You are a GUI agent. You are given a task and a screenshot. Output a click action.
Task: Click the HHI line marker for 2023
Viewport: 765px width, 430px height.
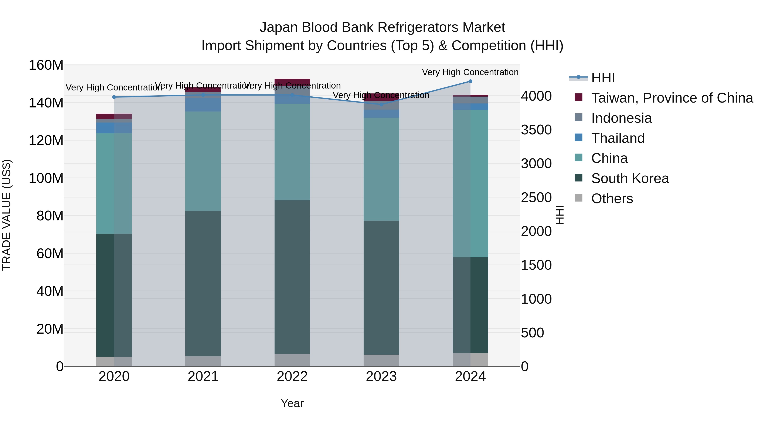[381, 104]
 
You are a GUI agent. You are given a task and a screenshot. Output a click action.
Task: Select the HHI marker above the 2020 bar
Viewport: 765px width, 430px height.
[114, 97]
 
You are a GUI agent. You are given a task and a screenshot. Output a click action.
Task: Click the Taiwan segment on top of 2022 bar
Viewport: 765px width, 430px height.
[292, 82]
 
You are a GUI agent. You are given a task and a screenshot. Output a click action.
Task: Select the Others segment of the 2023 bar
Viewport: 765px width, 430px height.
[381, 360]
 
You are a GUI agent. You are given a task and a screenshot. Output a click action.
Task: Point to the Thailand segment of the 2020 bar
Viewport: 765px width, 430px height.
[114, 128]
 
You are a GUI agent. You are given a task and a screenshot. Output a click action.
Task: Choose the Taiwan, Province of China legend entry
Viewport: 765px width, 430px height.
[672, 98]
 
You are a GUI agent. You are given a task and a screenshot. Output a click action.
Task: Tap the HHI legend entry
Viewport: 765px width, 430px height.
[603, 78]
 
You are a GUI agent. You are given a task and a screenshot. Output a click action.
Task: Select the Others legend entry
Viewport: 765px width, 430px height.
[612, 199]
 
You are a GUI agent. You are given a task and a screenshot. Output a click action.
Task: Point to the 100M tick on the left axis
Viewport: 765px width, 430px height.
[46, 178]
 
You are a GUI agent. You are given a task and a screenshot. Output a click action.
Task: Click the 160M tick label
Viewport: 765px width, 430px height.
[46, 65]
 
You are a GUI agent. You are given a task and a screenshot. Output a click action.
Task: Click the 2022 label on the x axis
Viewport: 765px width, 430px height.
[292, 376]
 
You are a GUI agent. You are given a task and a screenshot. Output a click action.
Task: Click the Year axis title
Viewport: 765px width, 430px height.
[292, 403]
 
